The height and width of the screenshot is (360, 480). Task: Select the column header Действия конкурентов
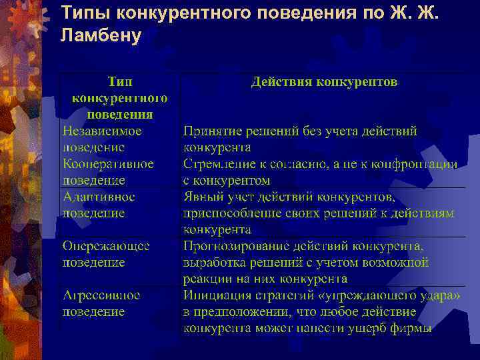(324, 82)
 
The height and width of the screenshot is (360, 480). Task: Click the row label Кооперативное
(108, 163)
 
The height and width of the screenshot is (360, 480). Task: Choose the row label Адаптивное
(99, 197)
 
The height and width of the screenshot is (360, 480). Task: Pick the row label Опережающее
(106, 246)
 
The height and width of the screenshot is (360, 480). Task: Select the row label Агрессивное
(102, 295)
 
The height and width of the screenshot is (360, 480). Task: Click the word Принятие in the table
(211, 131)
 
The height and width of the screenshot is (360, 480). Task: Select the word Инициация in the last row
(214, 295)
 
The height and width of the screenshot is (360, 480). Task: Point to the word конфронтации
(419, 163)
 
